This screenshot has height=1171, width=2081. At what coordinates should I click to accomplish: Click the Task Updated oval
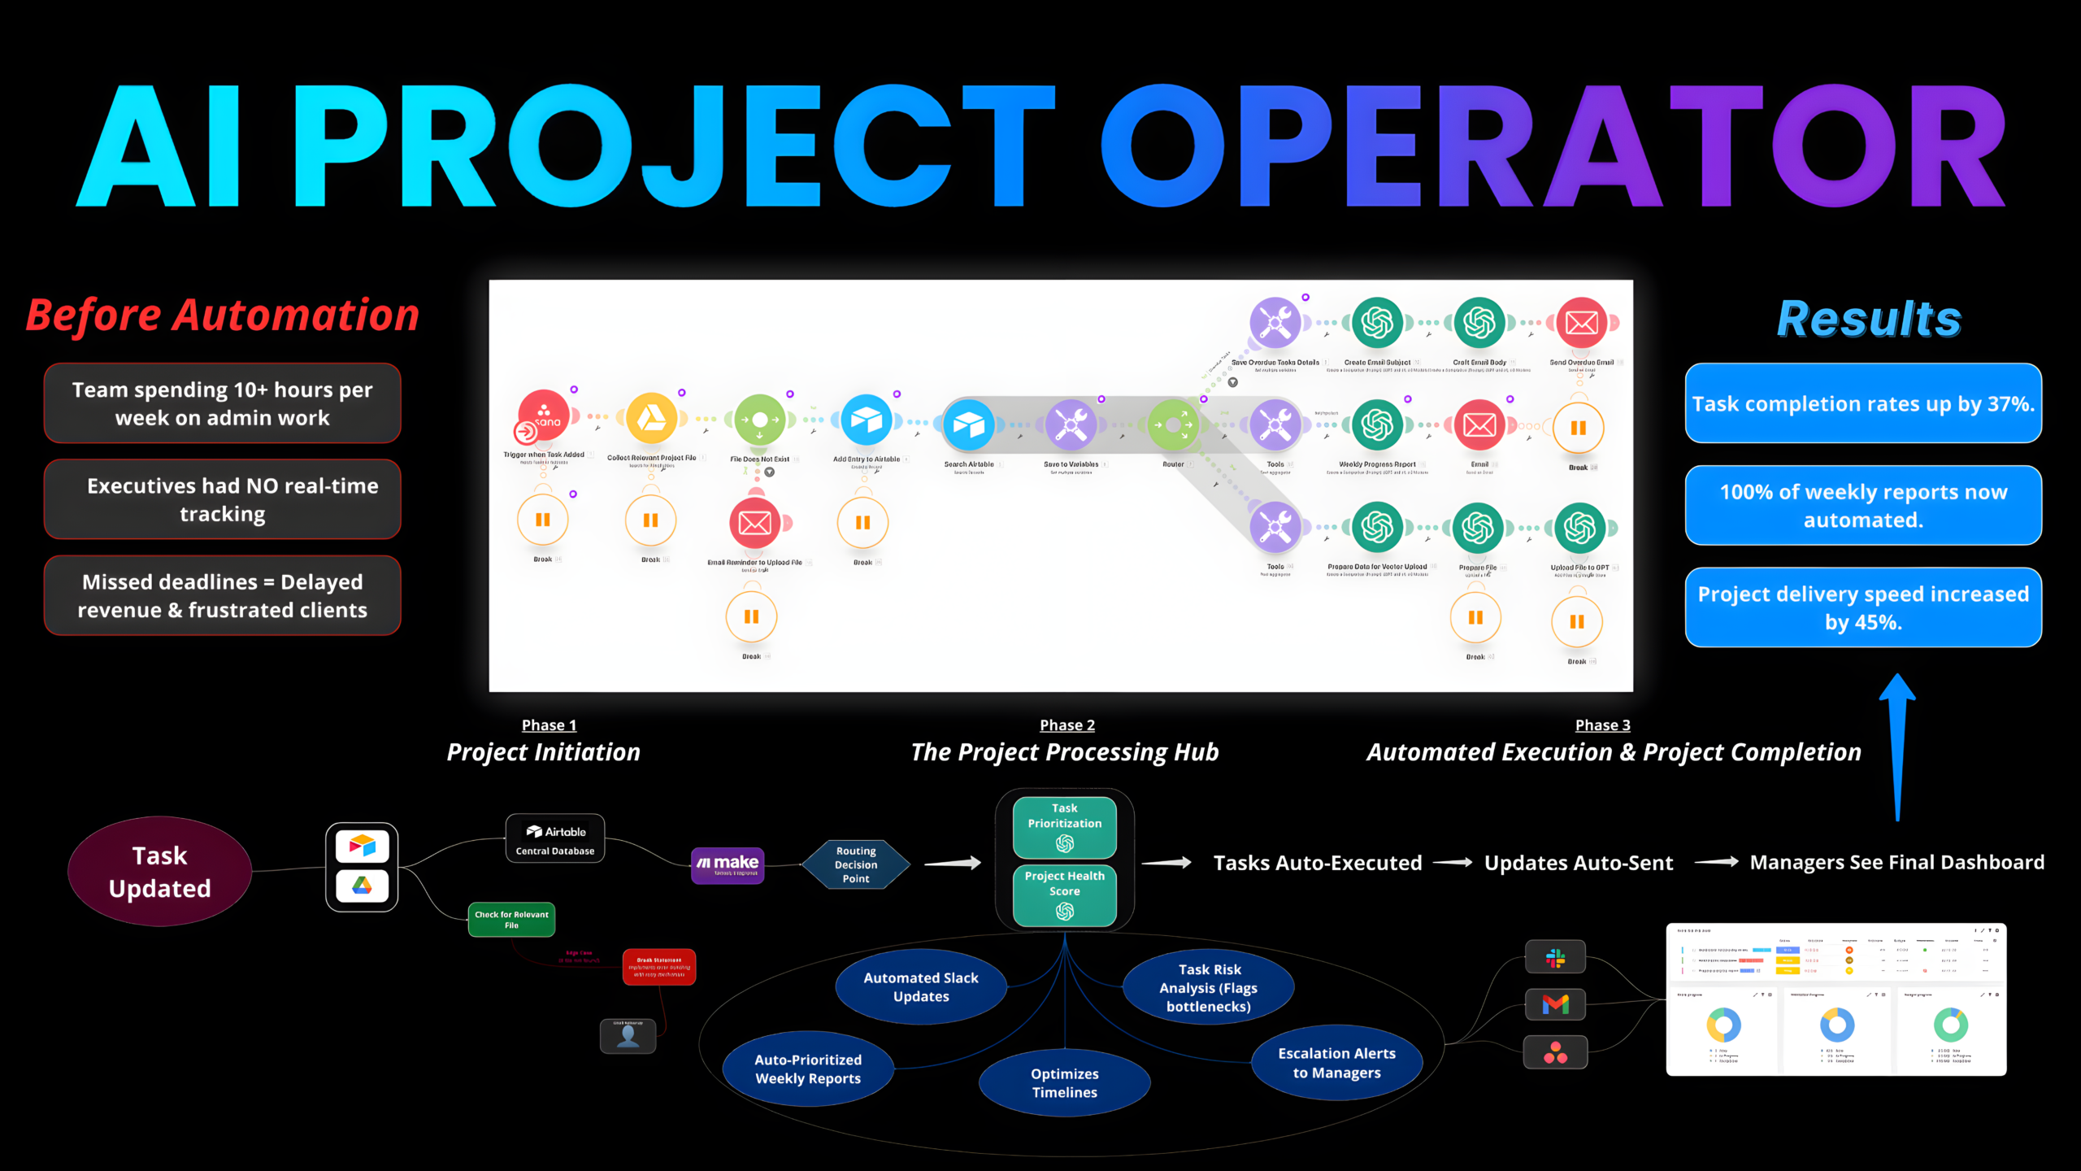click(x=160, y=872)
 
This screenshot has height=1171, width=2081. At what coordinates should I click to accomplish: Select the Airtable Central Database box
click(x=555, y=839)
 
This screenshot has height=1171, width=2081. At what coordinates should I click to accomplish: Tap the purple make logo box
click(x=728, y=865)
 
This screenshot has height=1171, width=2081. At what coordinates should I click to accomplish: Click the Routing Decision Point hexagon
click(x=856, y=864)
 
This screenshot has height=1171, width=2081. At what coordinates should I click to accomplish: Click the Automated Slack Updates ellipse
click(x=921, y=987)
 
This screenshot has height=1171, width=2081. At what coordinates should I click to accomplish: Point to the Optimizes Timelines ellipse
click(x=1065, y=1083)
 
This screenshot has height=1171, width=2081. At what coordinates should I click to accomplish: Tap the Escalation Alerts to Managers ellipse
click(x=1337, y=1063)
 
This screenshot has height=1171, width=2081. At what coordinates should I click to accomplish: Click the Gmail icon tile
click(x=1556, y=1005)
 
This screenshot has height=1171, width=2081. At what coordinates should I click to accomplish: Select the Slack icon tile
click(x=1556, y=958)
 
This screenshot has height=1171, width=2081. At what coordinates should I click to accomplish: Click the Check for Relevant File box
click(x=511, y=920)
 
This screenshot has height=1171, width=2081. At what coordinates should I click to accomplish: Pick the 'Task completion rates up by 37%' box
click(x=1863, y=404)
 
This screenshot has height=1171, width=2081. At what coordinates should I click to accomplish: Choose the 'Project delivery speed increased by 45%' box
click(x=1863, y=608)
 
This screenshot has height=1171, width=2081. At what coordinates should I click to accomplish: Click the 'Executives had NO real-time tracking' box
click(x=223, y=500)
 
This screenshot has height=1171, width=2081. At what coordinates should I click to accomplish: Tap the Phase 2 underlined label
click(x=1067, y=725)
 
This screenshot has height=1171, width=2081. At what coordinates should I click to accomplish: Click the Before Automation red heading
click(x=223, y=316)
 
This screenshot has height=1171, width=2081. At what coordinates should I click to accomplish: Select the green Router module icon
click(x=1174, y=424)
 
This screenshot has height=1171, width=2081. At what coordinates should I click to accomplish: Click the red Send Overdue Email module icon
click(x=1582, y=323)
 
